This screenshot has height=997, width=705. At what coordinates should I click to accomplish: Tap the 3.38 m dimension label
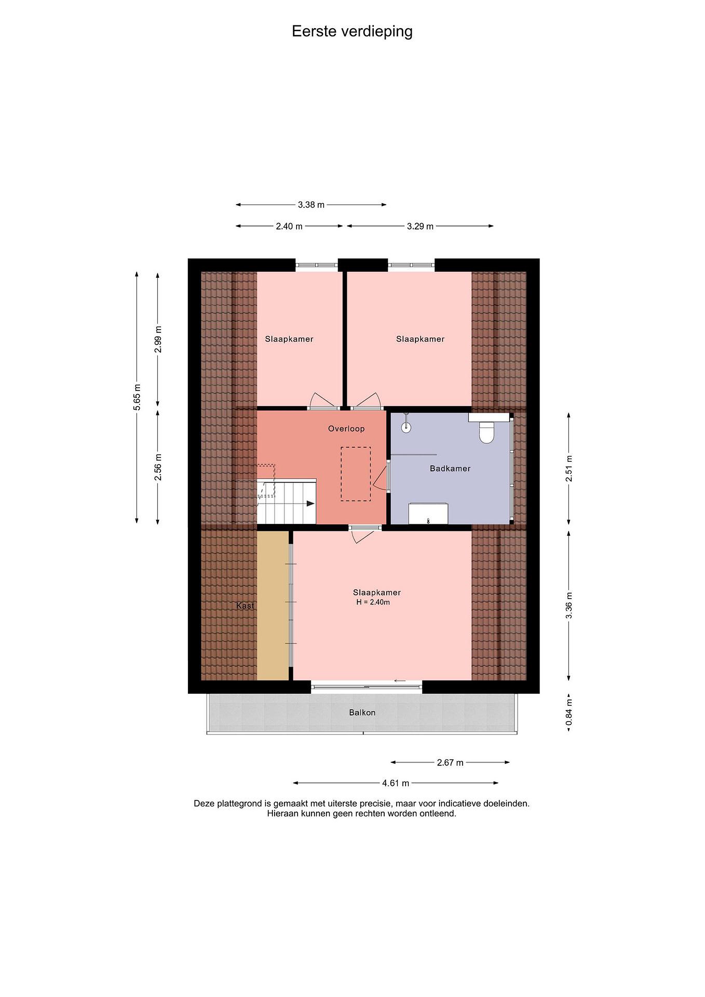311,205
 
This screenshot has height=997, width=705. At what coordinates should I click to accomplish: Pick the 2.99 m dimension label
158,339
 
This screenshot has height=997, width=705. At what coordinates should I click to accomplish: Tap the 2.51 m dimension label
569,468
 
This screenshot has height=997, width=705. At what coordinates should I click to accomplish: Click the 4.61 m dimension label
396,783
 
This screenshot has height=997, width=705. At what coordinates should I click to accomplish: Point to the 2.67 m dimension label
450,762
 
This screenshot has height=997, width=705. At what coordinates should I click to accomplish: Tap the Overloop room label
346,429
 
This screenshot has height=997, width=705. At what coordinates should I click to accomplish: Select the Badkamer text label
450,468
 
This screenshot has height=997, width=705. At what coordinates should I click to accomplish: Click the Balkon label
362,712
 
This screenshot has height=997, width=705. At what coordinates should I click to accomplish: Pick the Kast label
245,605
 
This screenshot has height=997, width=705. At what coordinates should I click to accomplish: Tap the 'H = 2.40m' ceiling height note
373,602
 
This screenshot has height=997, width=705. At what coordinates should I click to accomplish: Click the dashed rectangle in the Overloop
355,474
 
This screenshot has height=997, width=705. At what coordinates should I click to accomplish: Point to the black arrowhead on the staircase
310,504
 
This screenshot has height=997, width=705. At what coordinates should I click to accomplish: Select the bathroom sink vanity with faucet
428,514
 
